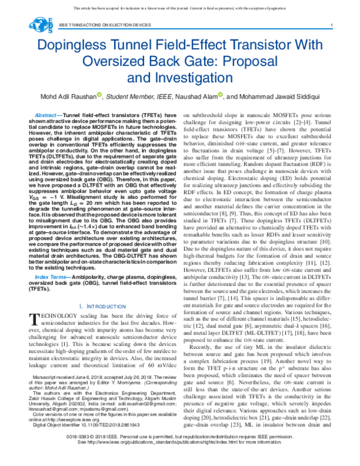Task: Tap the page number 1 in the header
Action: [332, 25]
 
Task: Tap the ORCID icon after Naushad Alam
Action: [221, 95]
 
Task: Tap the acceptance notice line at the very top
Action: [180, 8]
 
